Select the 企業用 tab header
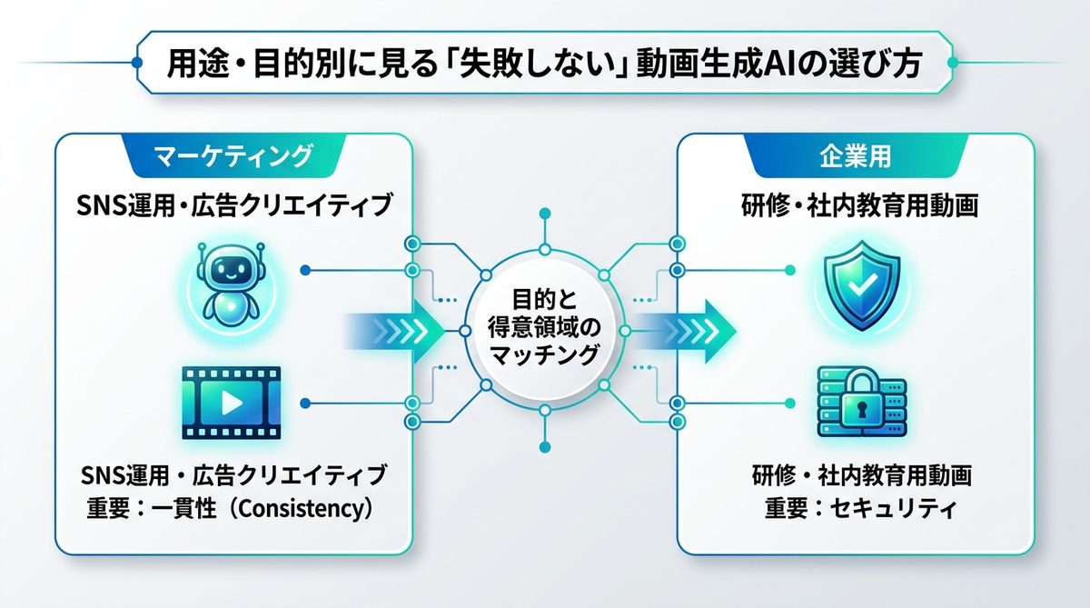point(854,157)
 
